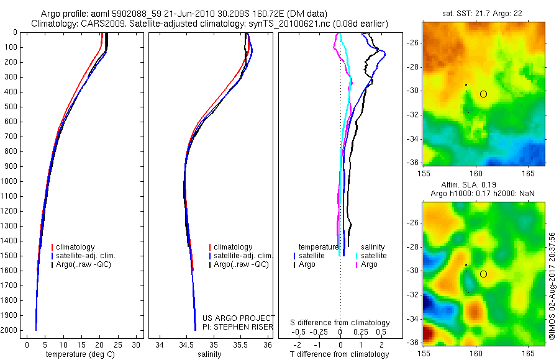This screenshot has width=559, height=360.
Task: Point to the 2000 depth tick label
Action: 9,330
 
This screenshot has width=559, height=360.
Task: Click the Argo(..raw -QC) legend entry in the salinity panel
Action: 241,264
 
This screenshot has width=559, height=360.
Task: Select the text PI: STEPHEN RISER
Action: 238,326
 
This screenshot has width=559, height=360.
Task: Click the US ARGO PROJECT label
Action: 238,318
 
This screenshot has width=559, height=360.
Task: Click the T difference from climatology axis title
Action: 339,354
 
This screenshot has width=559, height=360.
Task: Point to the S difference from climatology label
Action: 340,323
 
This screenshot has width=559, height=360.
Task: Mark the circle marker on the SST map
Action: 483,94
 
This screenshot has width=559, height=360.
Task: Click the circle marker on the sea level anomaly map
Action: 483,274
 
